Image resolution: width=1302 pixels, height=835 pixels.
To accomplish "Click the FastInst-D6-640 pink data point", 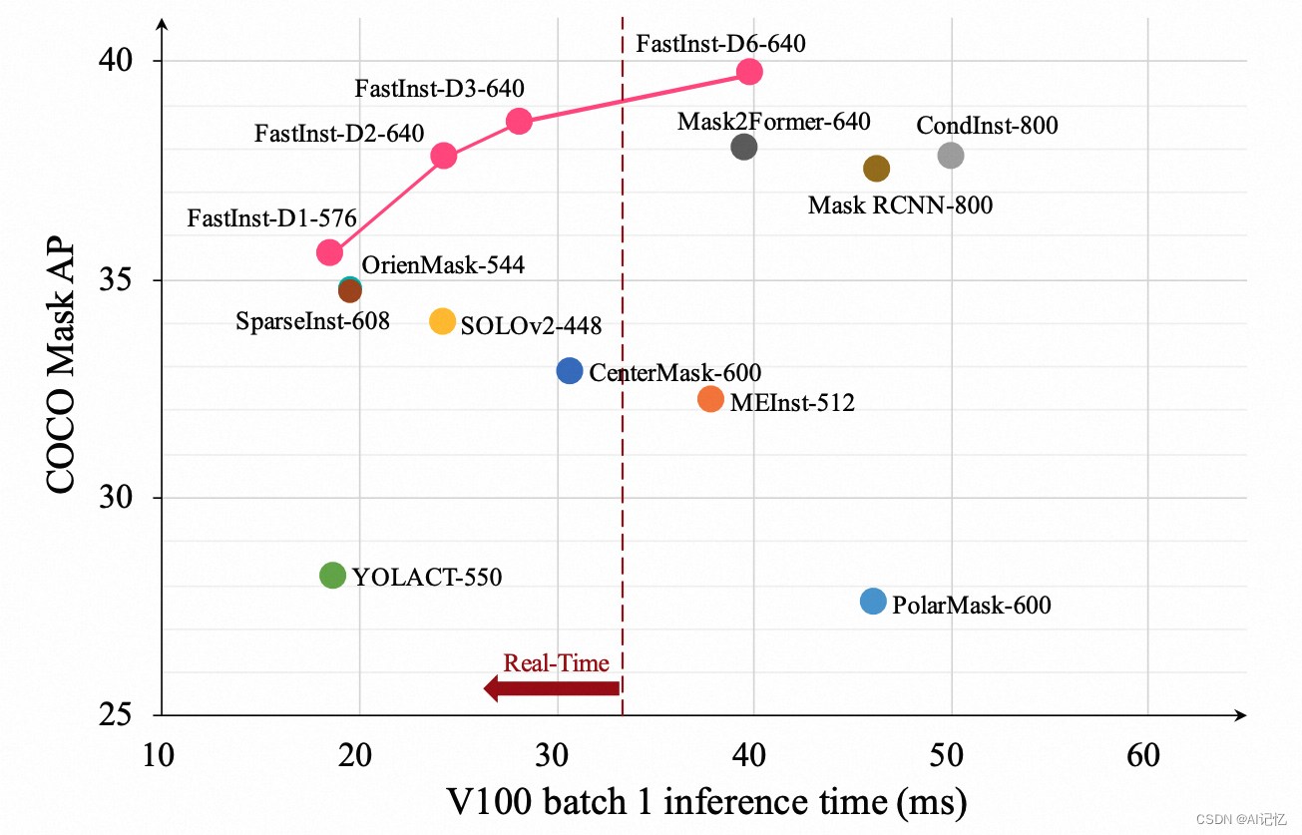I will pos(749,72).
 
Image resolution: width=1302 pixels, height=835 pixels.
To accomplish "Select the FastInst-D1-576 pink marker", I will pos(329,252).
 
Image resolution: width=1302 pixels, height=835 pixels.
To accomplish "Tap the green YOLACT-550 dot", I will pos(332,575).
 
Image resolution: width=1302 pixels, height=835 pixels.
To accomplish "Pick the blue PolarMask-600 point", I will pos(873,601).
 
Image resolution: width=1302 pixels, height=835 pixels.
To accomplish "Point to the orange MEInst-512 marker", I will pos(710,399).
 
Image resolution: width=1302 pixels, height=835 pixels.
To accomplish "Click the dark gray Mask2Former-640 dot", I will pos(743,147).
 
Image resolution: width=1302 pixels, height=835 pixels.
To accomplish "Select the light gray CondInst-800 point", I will pos(951,155).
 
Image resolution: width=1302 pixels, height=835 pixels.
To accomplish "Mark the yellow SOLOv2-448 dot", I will pos(442,321).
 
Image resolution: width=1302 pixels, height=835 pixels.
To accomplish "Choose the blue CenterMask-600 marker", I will pos(569,371).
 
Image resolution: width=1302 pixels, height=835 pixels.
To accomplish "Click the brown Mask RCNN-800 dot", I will pos(876,169).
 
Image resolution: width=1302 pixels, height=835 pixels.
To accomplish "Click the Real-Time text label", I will pos(556,662).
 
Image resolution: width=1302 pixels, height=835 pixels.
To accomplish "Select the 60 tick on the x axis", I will pos(1143,755).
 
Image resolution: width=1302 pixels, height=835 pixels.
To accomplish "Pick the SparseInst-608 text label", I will pos(312,321).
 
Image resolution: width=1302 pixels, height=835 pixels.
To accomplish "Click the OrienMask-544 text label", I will pos(443,265).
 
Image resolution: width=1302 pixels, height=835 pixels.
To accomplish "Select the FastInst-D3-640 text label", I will pos(439,89).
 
